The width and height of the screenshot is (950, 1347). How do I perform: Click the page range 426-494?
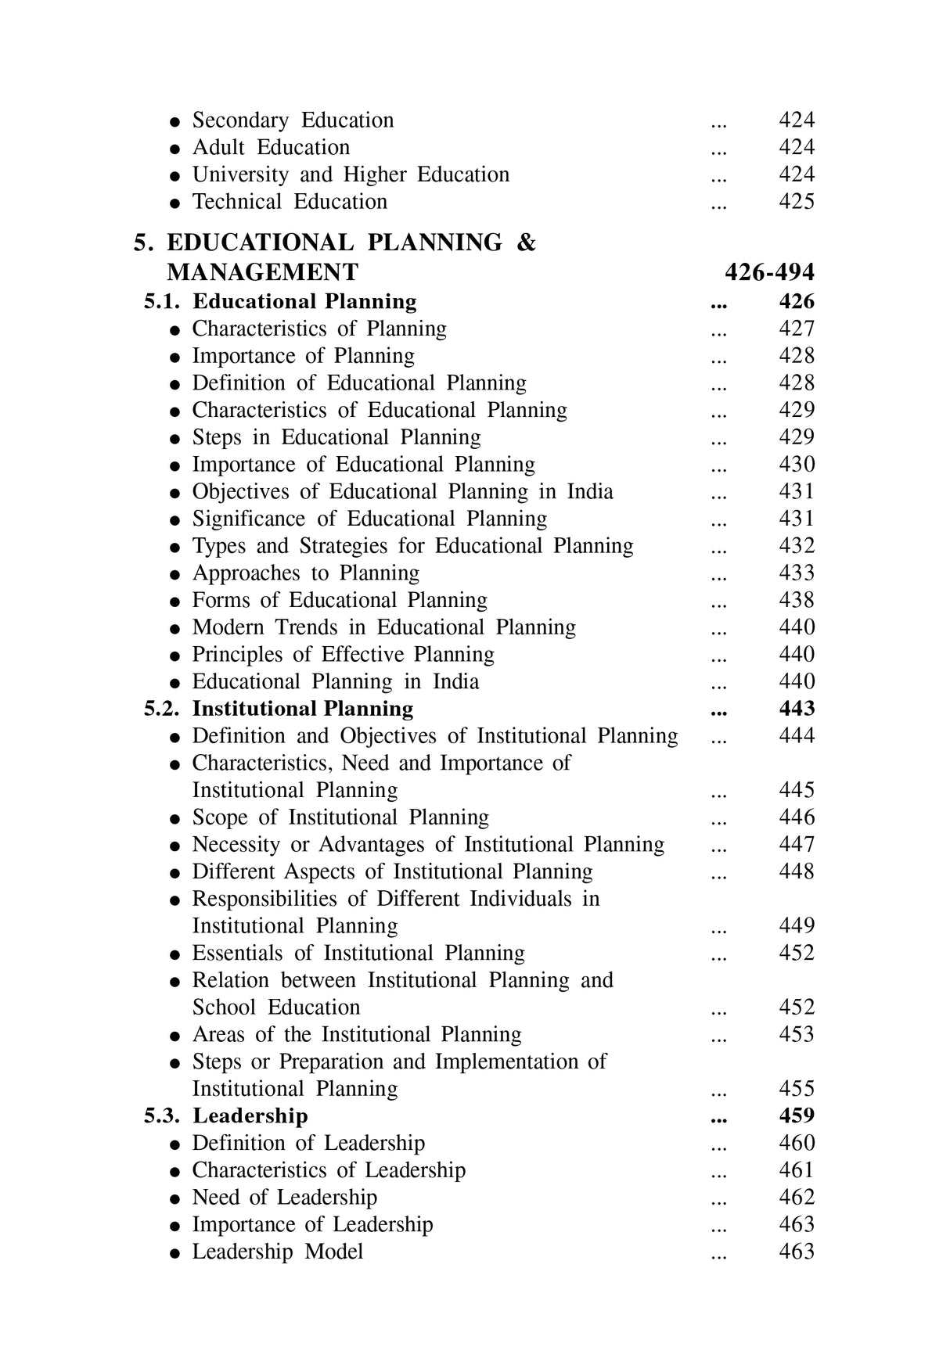tap(769, 272)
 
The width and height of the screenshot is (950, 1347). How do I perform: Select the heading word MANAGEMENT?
tap(262, 272)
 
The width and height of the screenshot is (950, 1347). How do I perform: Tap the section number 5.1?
tap(162, 302)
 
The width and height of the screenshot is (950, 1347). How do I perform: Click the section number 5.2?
tap(162, 709)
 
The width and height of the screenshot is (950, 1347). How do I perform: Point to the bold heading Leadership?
tap(250, 1115)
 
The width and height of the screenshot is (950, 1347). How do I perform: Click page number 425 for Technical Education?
tap(797, 202)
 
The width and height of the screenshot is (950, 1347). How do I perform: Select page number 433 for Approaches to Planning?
tap(797, 573)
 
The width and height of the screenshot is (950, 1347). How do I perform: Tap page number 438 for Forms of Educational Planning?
tap(797, 600)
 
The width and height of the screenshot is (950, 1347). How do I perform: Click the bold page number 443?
tap(797, 709)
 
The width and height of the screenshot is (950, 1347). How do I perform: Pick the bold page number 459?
tap(797, 1115)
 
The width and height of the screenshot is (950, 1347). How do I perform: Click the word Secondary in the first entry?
tap(240, 120)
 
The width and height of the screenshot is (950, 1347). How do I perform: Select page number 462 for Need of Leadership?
tap(797, 1197)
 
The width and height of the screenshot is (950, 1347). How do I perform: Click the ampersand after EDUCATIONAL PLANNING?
tap(527, 242)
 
